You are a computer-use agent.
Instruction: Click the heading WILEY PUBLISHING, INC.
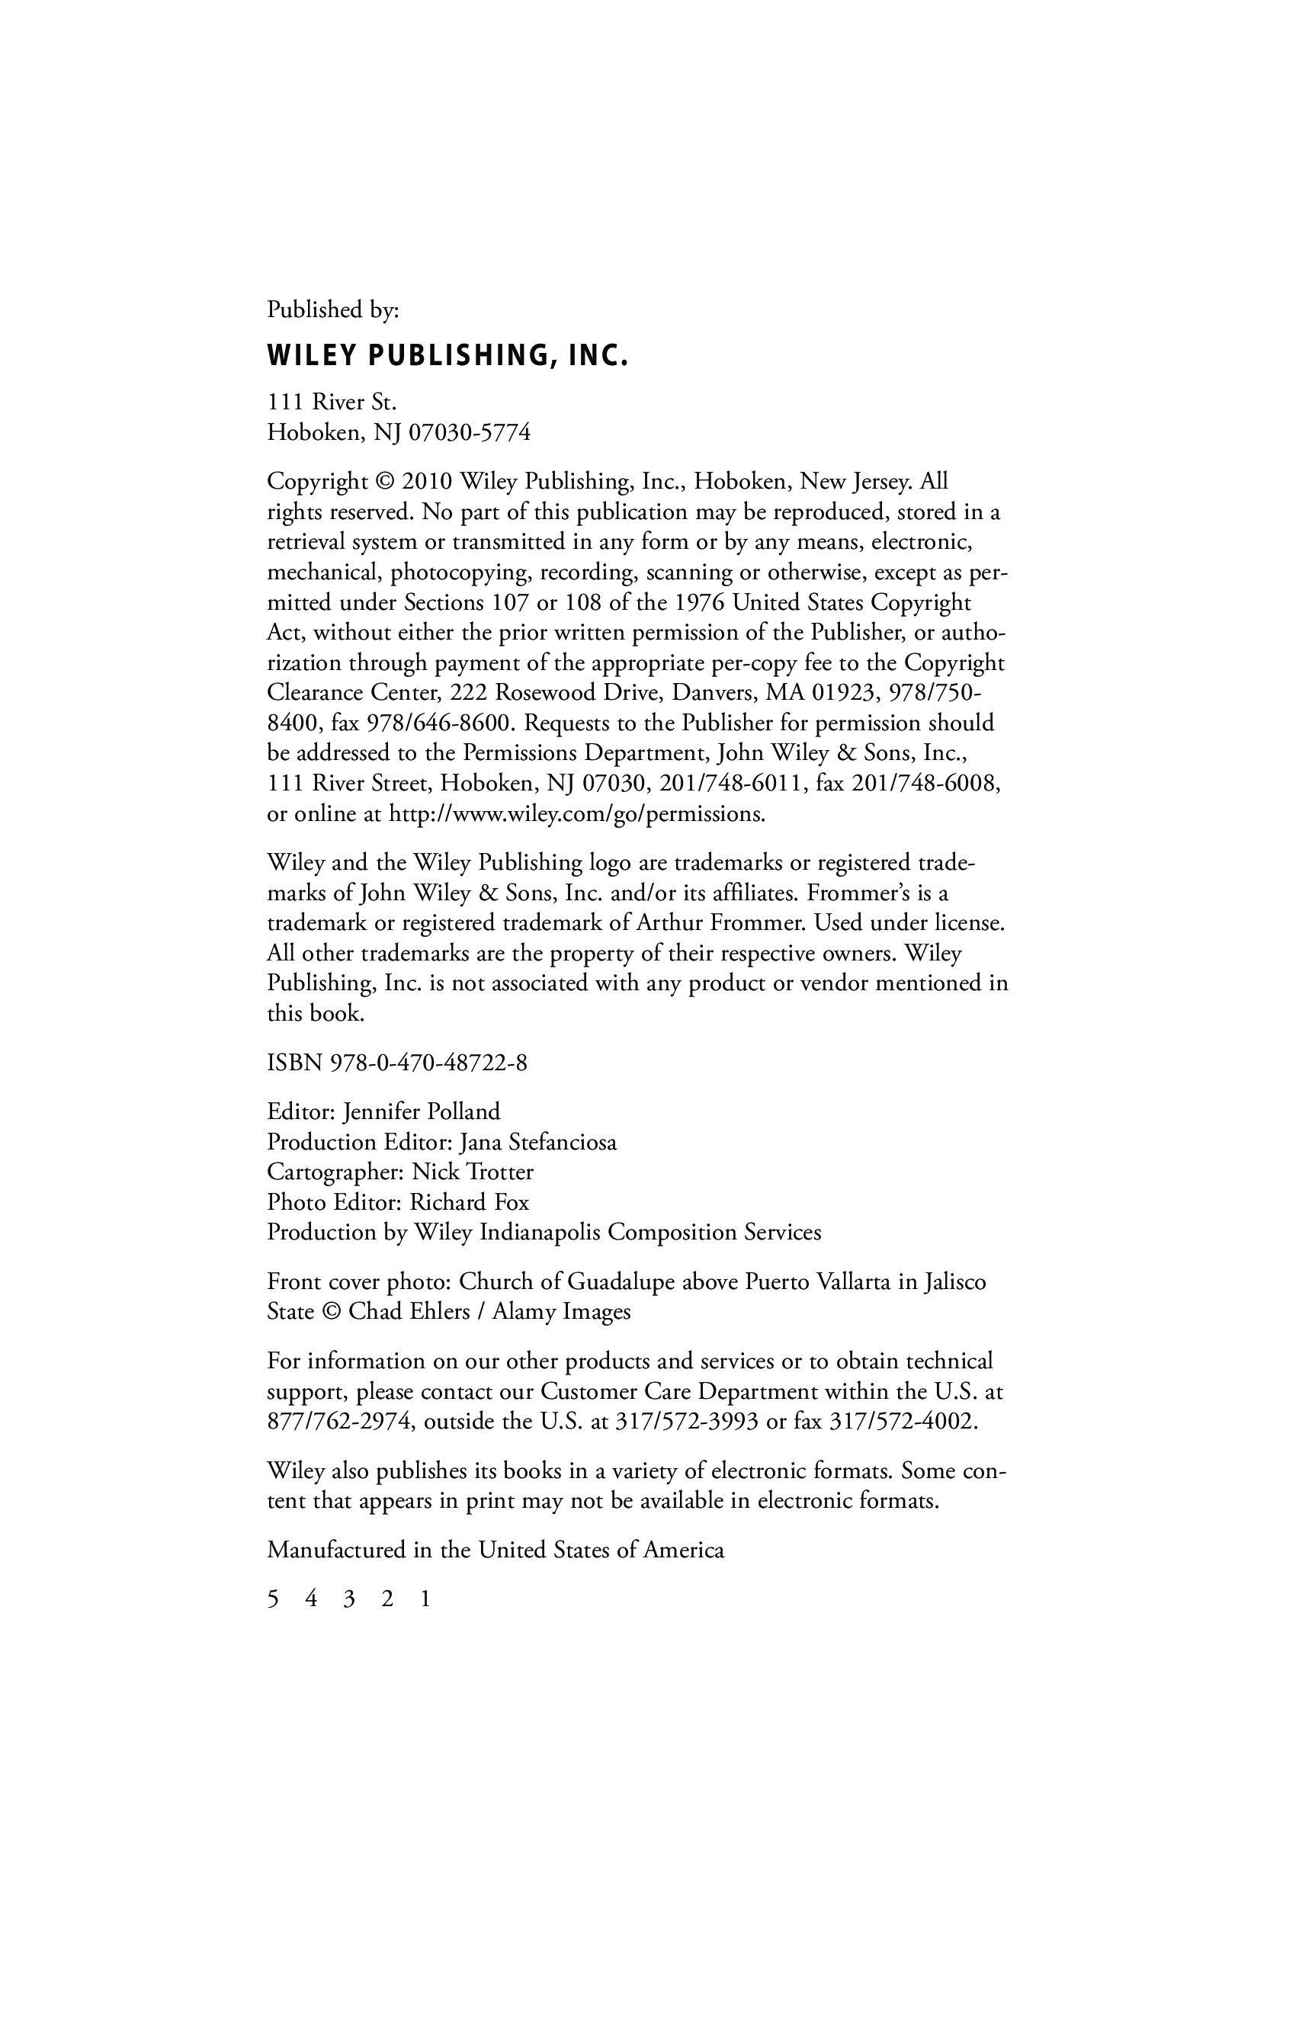coord(447,356)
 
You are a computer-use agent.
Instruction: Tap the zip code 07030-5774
coord(470,432)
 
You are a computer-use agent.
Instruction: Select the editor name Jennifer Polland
coord(422,1111)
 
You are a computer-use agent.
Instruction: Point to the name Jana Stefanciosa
coord(537,1141)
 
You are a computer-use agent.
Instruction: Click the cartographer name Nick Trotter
coord(473,1172)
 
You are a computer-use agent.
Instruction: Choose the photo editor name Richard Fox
coord(469,1202)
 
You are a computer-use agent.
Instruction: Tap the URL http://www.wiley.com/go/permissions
coord(576,813)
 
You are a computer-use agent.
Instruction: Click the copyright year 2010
coord(426,481)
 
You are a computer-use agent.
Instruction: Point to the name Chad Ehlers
coord(409,1311)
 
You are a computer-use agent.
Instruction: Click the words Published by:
coord(332,309)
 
